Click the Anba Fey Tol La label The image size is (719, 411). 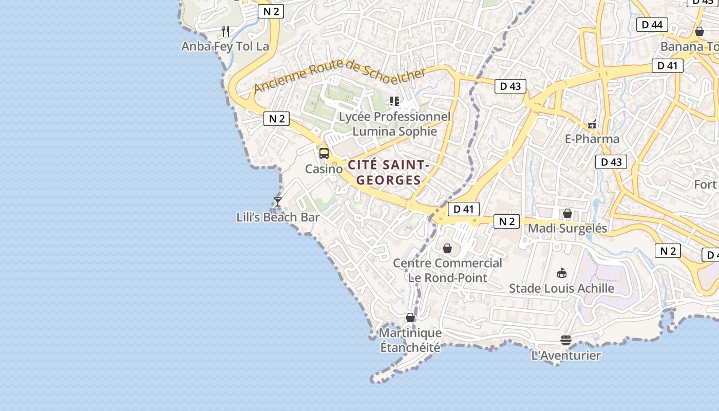[x=225, y=46]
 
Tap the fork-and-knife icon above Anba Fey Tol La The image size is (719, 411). [x=225, y=31]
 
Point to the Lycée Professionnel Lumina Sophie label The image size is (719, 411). [x=394, y=124]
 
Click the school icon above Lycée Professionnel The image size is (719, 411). [x=394, y=101]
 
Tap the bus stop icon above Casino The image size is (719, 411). [x=324, y=153]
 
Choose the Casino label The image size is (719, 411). [x=324, y=169]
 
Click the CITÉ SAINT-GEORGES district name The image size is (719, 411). [x=389, y=173]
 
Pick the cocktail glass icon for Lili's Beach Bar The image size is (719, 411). [x=278, y=202]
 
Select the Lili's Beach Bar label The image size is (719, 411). [x=278, y=217]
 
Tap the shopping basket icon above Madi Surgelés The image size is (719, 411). [x=567, y=213]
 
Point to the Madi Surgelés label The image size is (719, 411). [x=567, y=228]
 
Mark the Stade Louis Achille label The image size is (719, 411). [x=561, y=288]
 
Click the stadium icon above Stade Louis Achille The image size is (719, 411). [x=561, y=273]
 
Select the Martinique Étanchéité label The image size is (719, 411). [x=410, y=340]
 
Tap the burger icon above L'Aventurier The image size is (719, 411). [x=566, y=340]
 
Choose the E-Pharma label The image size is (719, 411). [x=592, y=139]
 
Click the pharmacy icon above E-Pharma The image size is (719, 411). [x=592, y=124]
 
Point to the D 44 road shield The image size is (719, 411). [x=652, y=24]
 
